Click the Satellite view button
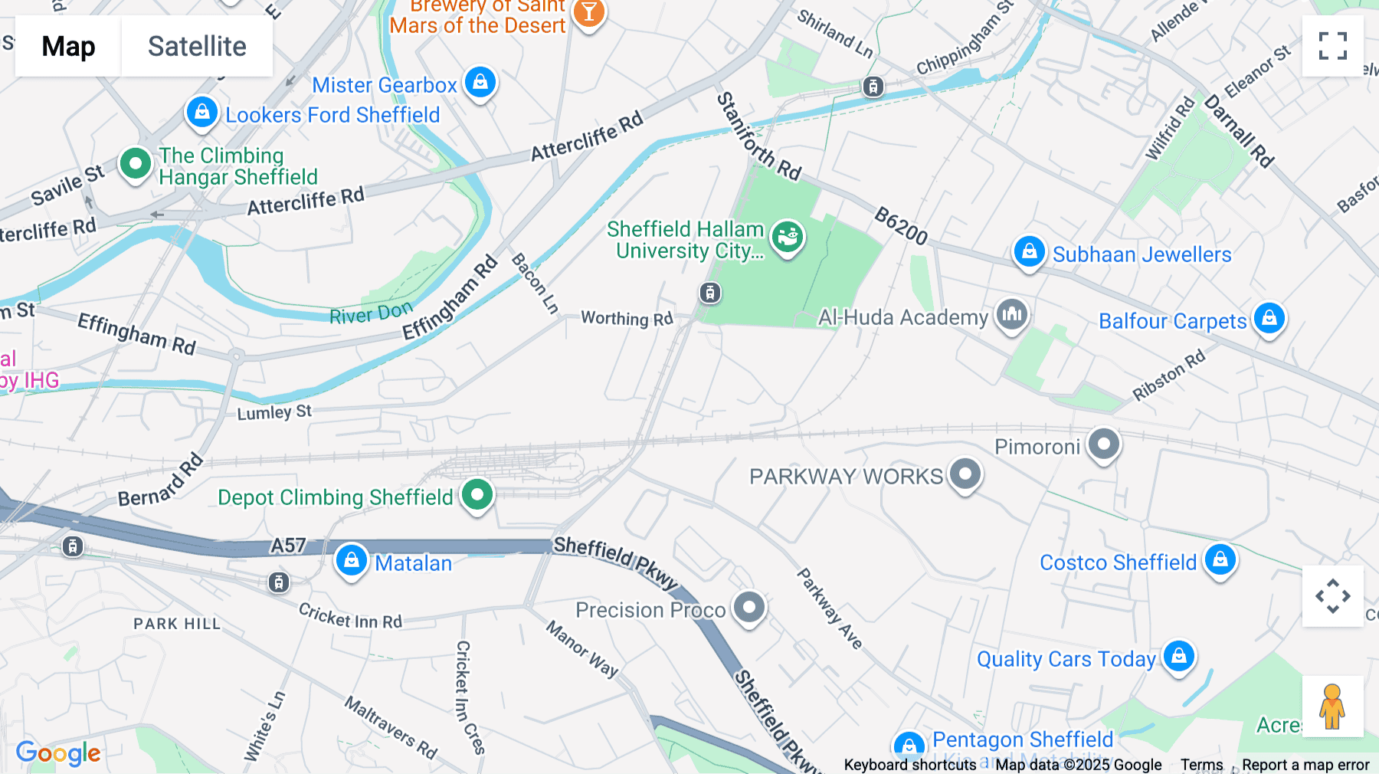197,46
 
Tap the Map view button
68,46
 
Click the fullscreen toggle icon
1332,46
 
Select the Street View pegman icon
1332,706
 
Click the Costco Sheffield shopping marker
1220,559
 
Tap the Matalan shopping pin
352,560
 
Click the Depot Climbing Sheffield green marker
477,495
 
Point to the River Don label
371,313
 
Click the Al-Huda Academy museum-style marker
1012,314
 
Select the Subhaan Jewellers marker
1030,251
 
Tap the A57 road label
288,546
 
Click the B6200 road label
901,225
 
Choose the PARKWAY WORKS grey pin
965,474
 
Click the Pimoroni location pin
1104,444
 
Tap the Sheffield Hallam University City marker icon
788,237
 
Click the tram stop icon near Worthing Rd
710,293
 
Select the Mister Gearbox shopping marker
480,81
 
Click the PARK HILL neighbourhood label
177,624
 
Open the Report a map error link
1305,765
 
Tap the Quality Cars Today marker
1179,656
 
